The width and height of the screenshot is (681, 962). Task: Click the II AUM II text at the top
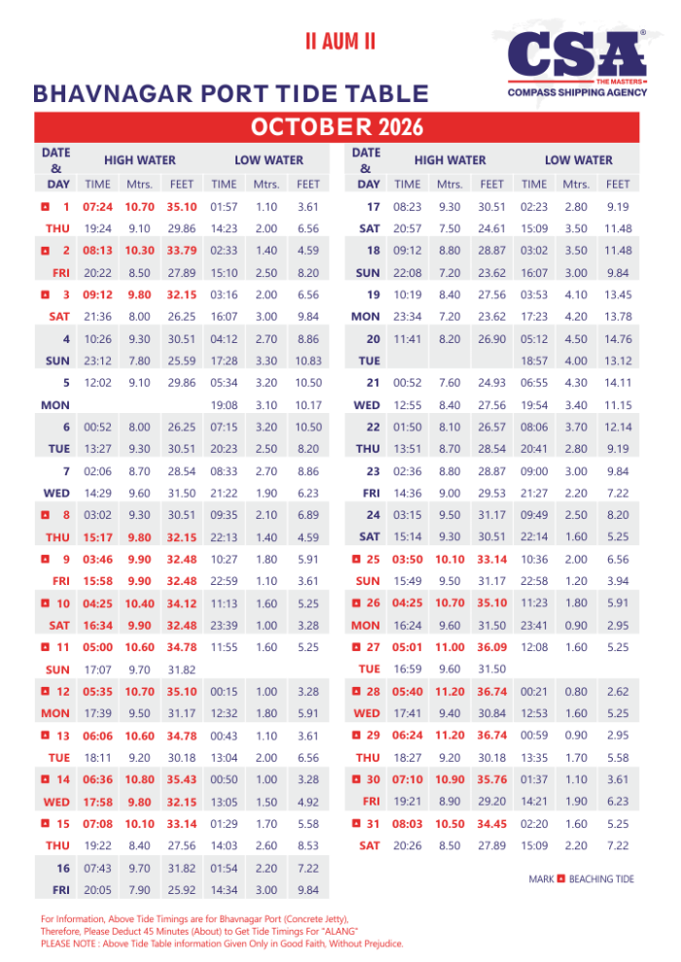tap(340, 43)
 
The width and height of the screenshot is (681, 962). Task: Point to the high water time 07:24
tap(97, 207)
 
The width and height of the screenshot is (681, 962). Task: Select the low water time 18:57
tap(534, 360)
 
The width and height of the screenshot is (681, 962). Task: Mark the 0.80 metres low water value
tap(577, 691)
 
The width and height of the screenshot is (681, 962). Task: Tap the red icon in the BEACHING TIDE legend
tap(560, 879)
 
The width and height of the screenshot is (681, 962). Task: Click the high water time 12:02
tap(97, 382)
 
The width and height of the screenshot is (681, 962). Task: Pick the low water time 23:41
tap(534, 625)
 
